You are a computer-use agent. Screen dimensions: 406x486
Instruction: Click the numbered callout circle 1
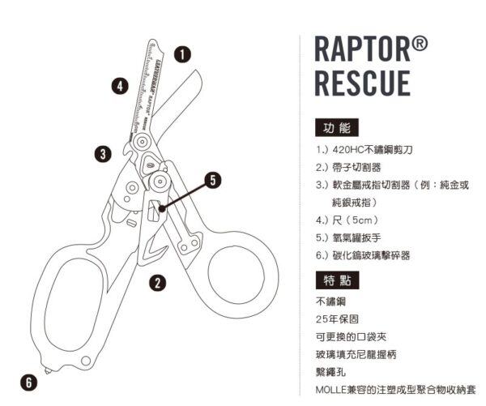click(184, 54)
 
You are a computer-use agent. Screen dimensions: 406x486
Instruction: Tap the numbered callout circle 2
click(158, 282)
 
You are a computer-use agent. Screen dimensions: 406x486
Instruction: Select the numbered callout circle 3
click(101, 152)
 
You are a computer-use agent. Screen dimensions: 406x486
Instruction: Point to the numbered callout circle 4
click(120, 85)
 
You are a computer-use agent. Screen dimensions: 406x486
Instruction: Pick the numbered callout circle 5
click(213, 180)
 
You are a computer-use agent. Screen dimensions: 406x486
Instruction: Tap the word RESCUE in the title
click(361, 83)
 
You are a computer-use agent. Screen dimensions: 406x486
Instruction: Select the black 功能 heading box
click(335, 129)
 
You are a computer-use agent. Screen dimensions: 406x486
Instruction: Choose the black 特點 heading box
click(335, 280)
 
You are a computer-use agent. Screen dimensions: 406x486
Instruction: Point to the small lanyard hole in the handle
click(87, 361)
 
